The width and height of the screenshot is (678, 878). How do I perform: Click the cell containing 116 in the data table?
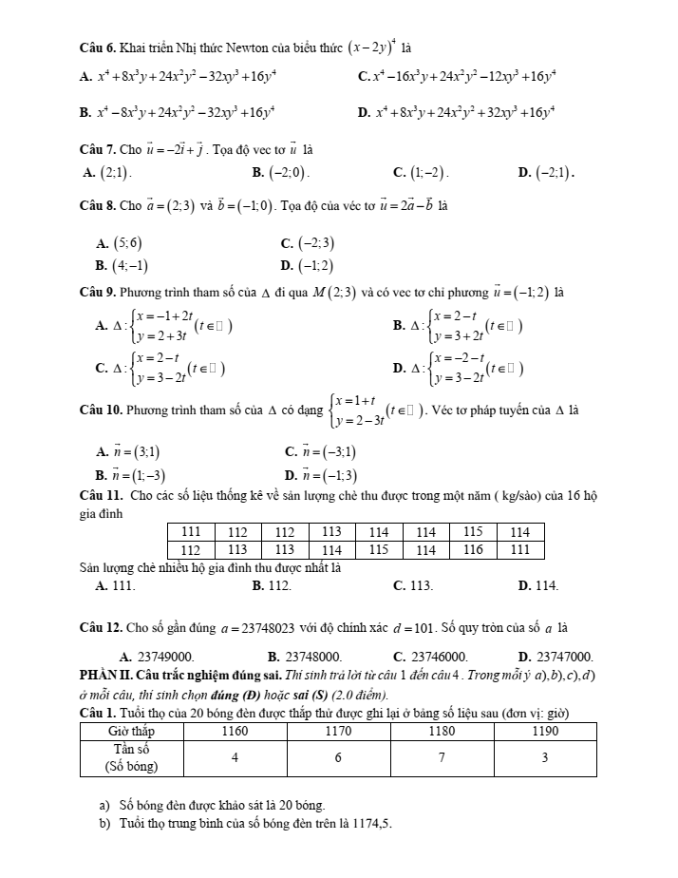pos(472,549)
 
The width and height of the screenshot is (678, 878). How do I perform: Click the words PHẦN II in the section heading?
pos(113,676)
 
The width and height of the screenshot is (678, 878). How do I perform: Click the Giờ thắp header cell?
pos(131,732)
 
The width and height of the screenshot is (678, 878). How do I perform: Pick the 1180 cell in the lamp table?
pos(442,732)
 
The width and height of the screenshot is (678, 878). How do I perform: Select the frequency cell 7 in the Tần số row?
pos(442,757)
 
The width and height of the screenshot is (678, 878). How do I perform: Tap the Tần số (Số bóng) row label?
pos(131,757)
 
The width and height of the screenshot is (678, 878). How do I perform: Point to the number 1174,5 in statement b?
pos(371,824)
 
